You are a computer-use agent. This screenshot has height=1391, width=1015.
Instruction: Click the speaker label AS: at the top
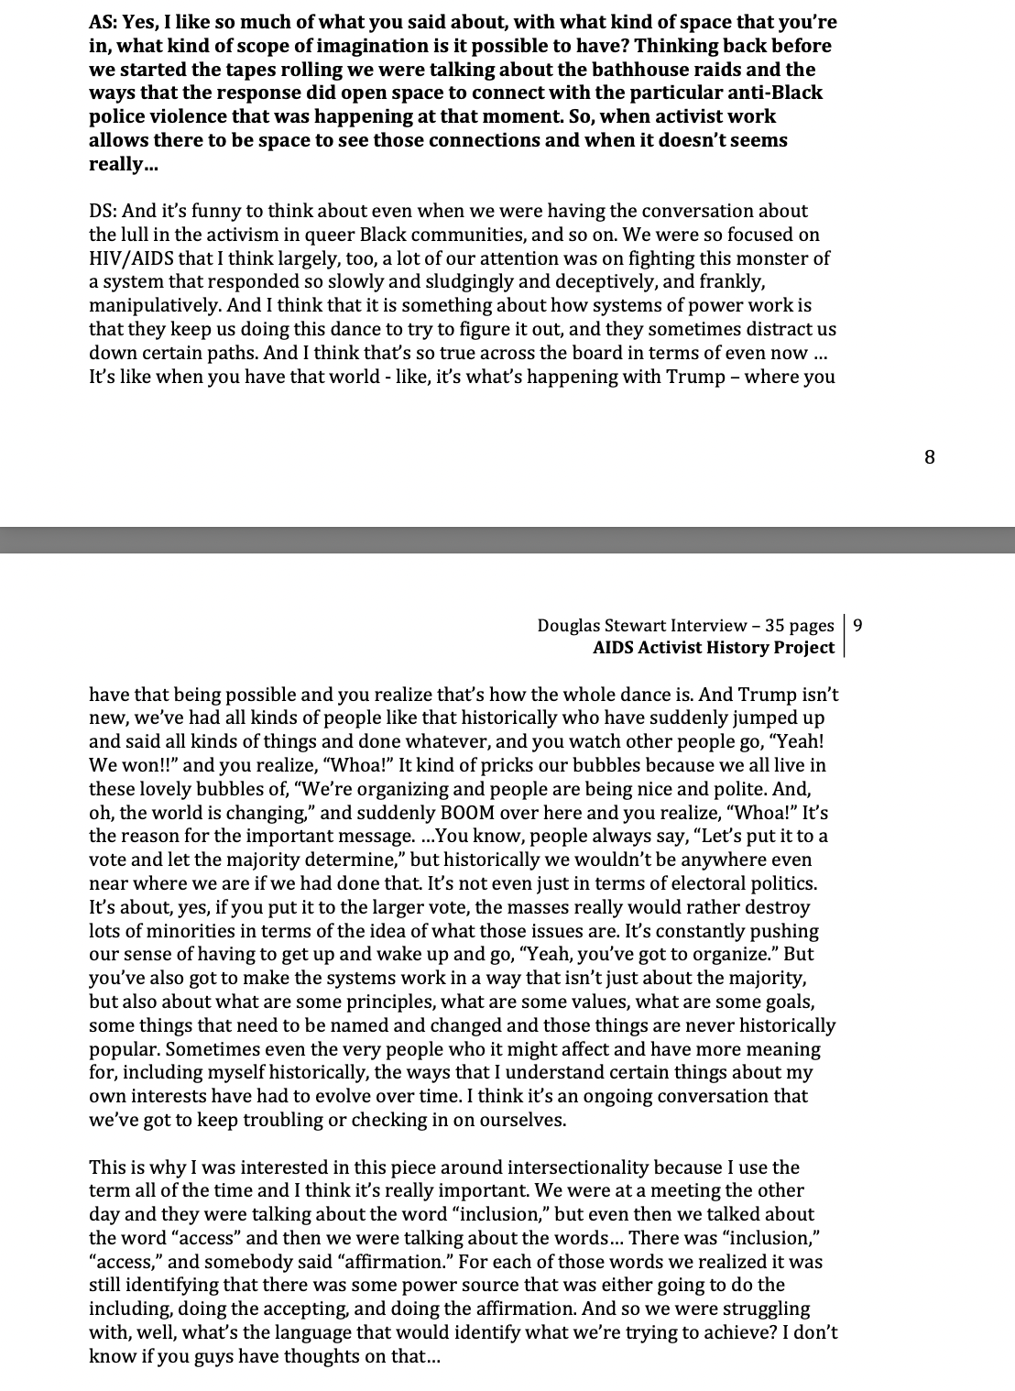103,22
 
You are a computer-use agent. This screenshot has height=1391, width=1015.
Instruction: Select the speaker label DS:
103,211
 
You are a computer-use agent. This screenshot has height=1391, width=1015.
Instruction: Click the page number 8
930,457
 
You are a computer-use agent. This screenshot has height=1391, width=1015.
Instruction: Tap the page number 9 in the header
857,626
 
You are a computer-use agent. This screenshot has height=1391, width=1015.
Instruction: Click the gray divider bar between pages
507,540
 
